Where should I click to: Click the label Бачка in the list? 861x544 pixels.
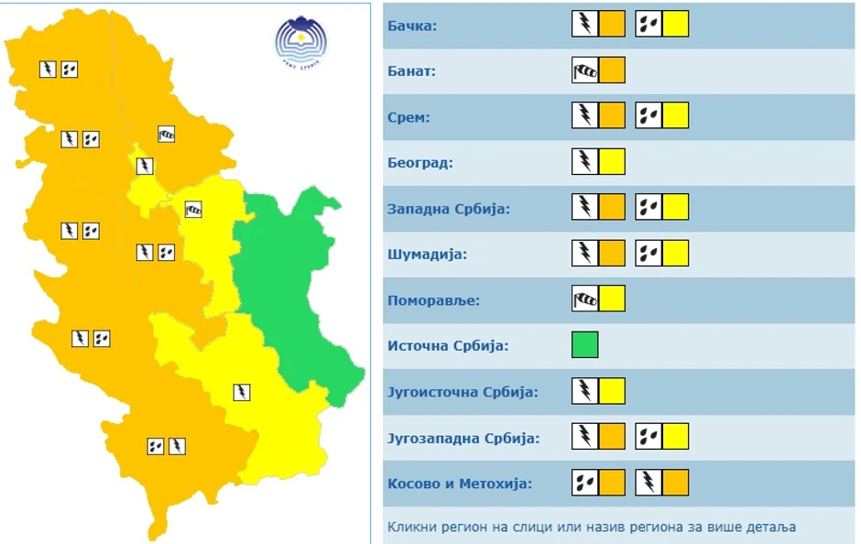(x=411, y=26)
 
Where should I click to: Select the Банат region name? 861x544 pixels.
(x=411, y=71)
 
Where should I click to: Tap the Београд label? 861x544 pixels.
(x=420, y=163)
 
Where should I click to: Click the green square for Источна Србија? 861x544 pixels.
(x=584, y=345)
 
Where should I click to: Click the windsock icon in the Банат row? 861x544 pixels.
(x=584, y=71)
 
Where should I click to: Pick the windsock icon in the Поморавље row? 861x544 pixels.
(x=584, y=299)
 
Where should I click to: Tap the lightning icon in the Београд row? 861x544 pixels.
(x=584, y=162)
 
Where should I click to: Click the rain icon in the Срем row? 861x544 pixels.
(x=648, y=115)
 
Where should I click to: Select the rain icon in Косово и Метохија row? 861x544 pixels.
(x=584, y=482)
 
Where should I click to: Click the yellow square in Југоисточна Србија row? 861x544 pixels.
(x=612, y=391)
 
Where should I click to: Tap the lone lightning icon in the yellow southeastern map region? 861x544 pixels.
(x=242, y=392)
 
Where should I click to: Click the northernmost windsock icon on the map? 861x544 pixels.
(x=166, y=135)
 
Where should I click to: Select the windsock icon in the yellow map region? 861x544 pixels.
(x=193, y=209)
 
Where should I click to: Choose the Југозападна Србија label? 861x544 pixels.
(x=463, y=438)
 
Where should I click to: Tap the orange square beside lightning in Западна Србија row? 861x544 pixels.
(x=612, y=208)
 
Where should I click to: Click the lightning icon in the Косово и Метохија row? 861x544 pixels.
(x=648, y=482)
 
